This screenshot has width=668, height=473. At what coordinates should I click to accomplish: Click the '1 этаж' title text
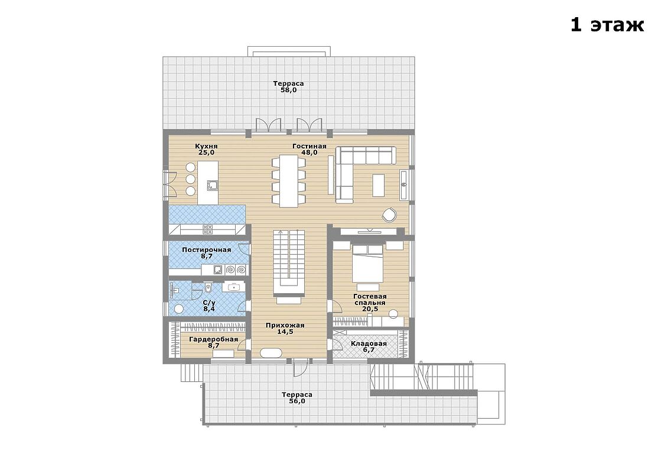pos(607,25)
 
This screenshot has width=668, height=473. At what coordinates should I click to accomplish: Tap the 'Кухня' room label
pos(206,146)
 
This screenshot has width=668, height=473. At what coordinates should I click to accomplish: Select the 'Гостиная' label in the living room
pos(309,146)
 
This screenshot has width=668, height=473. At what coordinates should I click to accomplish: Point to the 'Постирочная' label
pos(206,250)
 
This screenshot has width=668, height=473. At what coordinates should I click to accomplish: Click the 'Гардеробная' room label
pos(213,339)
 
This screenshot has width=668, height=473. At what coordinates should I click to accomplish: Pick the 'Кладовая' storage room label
pos(369,344)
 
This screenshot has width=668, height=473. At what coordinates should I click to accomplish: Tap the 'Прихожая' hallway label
pos(285,326)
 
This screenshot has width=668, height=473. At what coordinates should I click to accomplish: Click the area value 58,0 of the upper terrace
pos(288,90)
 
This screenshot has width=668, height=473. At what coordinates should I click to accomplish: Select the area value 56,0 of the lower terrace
pos(297,401)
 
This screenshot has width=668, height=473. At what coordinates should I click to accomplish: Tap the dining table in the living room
pos(288,181)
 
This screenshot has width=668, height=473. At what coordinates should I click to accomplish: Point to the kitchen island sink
pos(213,185)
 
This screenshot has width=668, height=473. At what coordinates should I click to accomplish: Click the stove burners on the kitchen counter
pos(207,229)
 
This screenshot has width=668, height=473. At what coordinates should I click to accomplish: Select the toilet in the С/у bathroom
pos(207,288)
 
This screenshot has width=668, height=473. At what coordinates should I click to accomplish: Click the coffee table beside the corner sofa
pos(379,185)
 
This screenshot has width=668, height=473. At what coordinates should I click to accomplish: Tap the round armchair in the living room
pos(389,215)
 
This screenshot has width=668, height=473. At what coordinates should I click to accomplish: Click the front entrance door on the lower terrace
pos(300,368)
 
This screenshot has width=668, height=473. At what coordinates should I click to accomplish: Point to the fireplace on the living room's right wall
pos(404,184)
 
